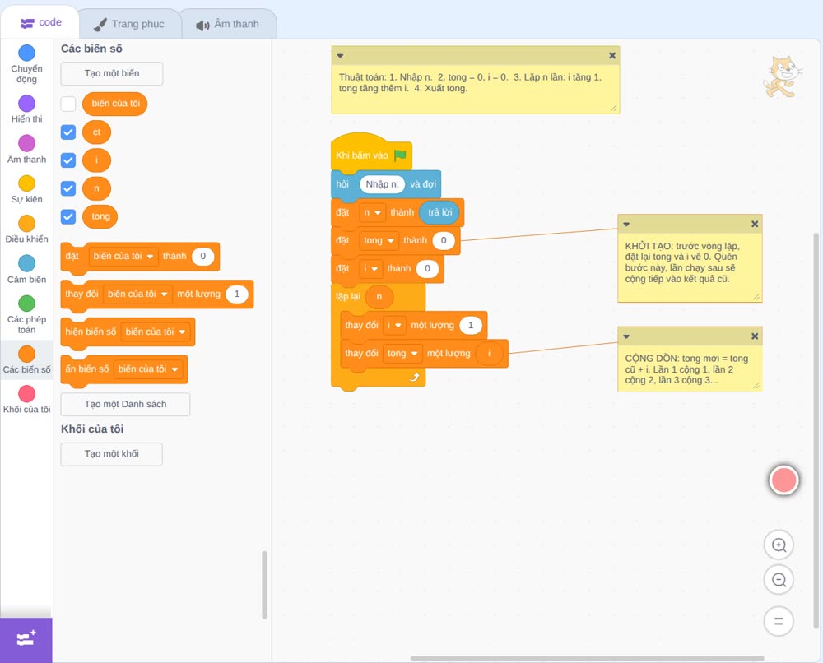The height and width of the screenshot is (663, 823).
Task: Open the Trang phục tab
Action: (130, 24)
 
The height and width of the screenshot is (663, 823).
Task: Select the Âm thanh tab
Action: (228, 24)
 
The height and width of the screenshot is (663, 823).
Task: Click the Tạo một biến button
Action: (112, 73)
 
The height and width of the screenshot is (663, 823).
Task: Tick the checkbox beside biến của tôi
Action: (68, 104)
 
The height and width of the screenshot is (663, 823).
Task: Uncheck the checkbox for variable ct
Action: (68, 132)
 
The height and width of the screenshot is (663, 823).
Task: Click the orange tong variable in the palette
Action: (100, 216)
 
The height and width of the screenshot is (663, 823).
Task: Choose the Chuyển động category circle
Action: (27, 53)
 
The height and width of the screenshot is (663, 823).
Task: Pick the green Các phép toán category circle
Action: (27, 304)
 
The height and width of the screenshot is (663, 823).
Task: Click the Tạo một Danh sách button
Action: (125, 405)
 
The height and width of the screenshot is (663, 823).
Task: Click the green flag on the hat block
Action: (400, 155)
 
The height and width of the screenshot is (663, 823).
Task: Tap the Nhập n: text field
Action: (382, 184)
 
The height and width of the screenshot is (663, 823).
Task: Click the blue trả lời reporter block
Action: (439, 212)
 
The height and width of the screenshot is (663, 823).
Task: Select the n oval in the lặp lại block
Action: (379, 297)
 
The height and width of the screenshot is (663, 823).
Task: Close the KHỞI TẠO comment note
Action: (755, 224)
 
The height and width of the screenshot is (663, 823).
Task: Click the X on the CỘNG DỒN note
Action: (755, 336)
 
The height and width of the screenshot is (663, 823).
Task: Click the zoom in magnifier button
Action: (779, 545)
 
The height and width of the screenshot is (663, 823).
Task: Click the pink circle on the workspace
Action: (783, 480)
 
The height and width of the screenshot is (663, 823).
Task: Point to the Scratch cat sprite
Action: (782, 76)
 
